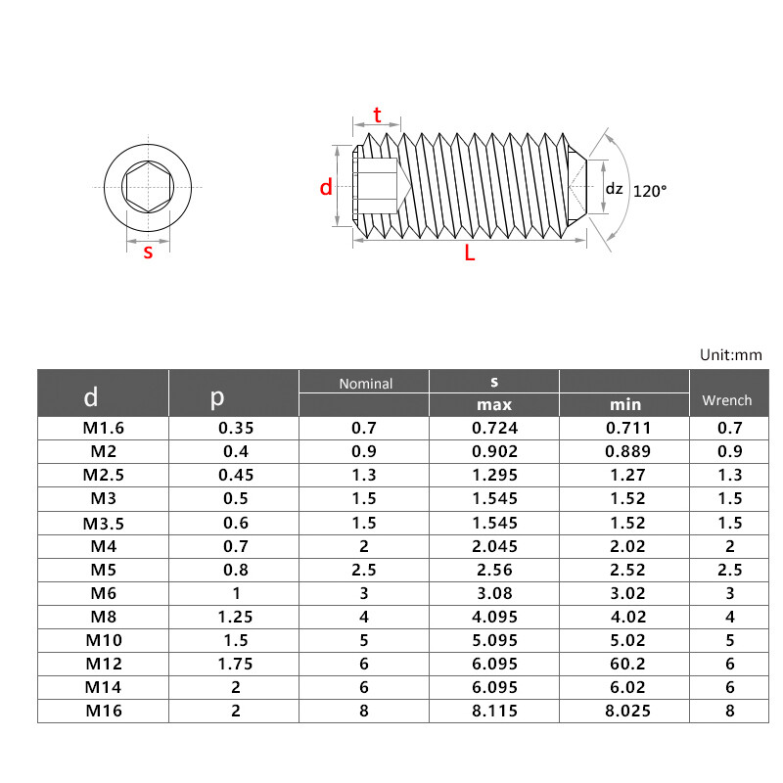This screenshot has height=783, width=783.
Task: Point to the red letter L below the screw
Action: point(470,253)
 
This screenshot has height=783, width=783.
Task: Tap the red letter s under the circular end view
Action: point(148,252)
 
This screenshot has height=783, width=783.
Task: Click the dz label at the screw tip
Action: point(614,189)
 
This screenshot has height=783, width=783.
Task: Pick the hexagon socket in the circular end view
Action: point(148,186)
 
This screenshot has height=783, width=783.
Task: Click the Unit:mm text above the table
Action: point(730,355)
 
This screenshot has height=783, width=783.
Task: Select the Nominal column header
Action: point(365,384)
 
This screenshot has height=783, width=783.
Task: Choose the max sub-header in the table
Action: point(494,404)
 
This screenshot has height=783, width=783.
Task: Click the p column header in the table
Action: point(217,396)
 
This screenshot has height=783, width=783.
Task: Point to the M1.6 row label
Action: point(104,428)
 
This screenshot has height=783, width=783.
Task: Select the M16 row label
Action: point(104,711)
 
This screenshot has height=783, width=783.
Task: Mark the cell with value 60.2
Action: point(624,664)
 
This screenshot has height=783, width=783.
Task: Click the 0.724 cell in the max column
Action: point(494,428)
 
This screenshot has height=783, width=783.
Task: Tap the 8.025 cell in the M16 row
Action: point(624,711)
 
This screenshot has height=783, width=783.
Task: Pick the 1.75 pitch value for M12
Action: point(234,664)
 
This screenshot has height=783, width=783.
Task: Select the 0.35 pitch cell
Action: point(234,428)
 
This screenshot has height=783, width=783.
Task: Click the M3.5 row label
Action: point(104,522)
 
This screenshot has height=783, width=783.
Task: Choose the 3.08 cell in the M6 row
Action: point(494,593)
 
